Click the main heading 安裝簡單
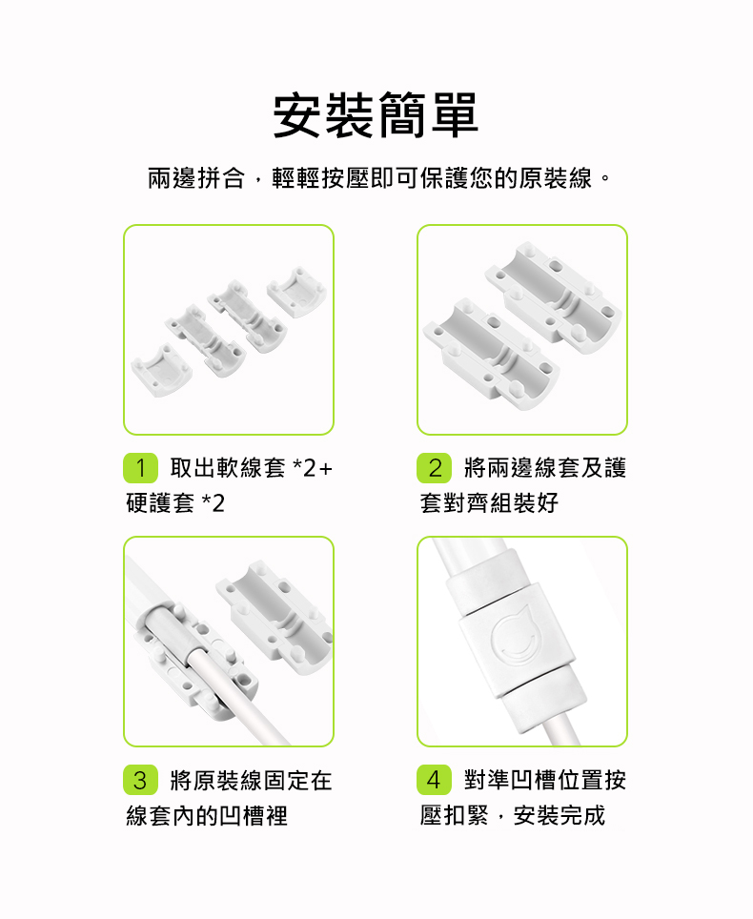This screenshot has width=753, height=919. point(376,114)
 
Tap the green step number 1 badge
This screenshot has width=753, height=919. point(141,468)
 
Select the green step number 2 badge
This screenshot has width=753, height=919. point(435,468)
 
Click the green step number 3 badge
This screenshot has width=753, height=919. point(141,780)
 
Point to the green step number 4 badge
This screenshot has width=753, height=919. point(435,780)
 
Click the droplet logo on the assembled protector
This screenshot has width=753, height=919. point(515,637)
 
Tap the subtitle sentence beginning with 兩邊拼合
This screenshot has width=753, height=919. point(379,178)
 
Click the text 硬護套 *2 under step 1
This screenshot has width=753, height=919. point(175,502)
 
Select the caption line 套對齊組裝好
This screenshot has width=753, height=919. point(489,502)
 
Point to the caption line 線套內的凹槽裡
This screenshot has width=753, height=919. point(207,815)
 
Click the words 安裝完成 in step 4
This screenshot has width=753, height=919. point(560,815)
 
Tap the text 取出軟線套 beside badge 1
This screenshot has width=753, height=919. point(228,468)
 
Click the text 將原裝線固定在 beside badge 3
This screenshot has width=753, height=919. point(251,780)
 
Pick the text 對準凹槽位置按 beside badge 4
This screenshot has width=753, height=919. point(545,780)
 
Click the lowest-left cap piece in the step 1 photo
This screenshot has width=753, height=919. point(161,370)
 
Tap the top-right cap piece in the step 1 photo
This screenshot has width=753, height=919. point(296,292)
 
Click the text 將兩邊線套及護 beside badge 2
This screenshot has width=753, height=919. point(545,468)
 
